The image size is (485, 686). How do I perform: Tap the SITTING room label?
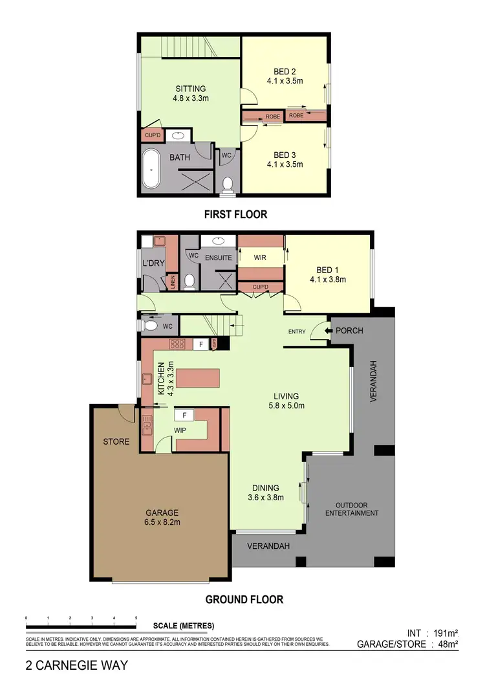click(x=190, y=89)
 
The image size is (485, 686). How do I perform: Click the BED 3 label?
click(x=285, y=155)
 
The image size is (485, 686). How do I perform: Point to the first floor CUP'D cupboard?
click(x=152, y=136)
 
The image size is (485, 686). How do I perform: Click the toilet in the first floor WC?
click(x=227, y=184)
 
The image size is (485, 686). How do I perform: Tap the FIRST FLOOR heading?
click(x=235, y=214)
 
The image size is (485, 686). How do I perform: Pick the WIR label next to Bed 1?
click(x=261, y=258)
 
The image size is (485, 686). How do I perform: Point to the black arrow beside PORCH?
click(x=329, y=331)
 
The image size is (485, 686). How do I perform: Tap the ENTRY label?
click(x=297, y=332)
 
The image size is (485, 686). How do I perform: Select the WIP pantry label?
click(x=180, y=429)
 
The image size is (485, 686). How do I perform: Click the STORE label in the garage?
click(x=116, y=442)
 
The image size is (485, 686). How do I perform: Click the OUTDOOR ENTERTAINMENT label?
click(x=352, y=509)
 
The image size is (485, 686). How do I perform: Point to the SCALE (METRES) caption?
click(x=184, y=626)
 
